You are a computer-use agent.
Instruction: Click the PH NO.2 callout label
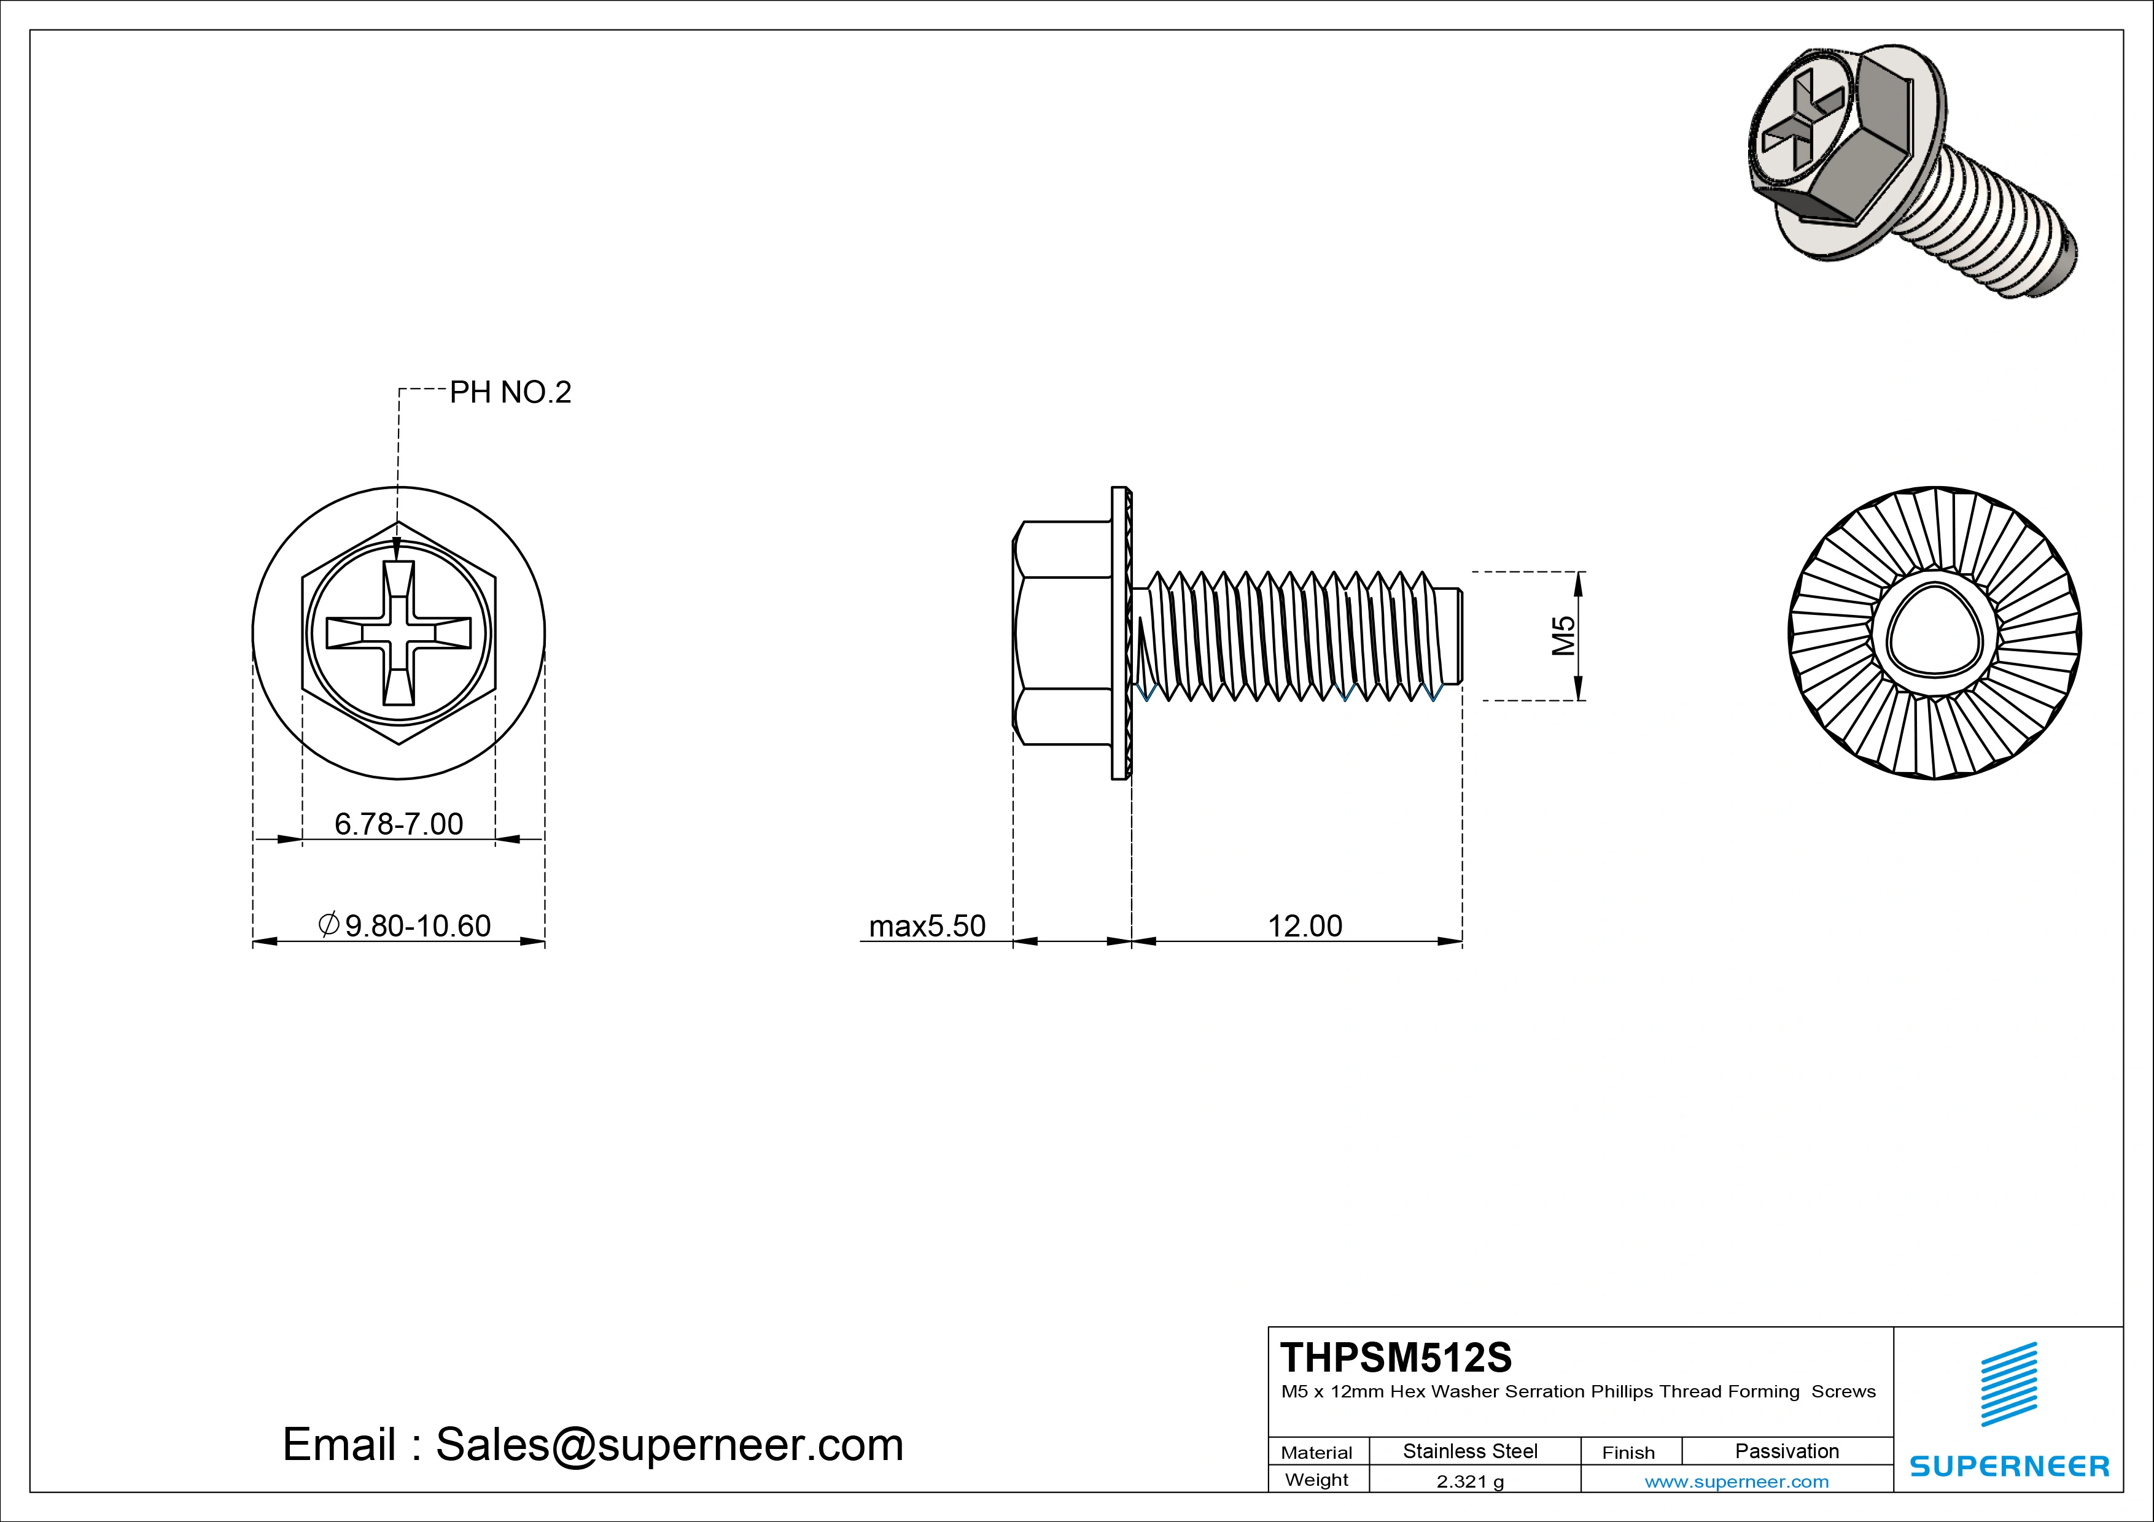(x=510, y=392)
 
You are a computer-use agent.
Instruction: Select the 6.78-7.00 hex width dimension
(x=399, y=824)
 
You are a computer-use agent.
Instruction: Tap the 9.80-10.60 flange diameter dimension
(x=405, y=925)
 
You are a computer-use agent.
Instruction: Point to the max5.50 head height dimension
(x=927, y=925)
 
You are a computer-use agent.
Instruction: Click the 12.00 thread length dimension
(x=1305, y=925)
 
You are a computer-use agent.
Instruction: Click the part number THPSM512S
(x=1396, y=1357)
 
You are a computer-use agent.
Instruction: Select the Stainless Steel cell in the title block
(x=1470, y=1451)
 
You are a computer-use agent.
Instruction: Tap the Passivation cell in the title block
(x=1786, y=1451)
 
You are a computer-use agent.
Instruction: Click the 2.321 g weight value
(x=1470, y=1481)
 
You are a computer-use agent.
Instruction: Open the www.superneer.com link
(x=1736, y=1481)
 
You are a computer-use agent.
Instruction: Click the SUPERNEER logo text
(x=2008, y=1466)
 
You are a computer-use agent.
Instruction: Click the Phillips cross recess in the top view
(x=399, y=633)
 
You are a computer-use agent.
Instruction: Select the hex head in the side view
(x=1063, y=633)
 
